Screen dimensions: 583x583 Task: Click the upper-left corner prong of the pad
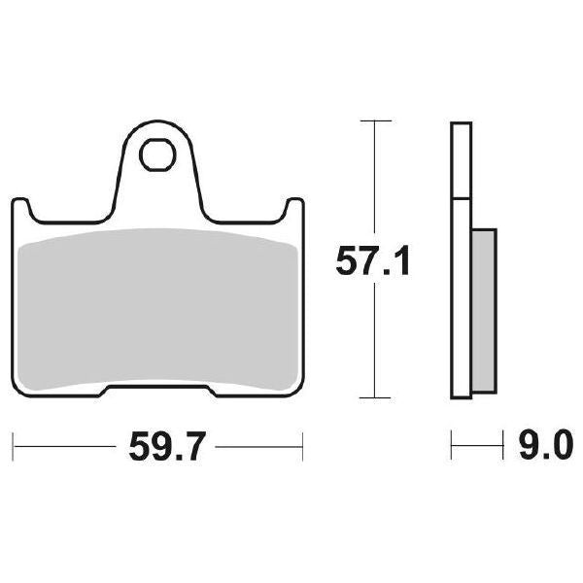point(20,206)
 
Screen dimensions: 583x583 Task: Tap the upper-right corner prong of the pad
point(295,206)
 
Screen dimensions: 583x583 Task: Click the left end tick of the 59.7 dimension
point(16,448)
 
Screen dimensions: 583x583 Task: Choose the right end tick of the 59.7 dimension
point(302,448)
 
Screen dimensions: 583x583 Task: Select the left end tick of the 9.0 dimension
point(452,448)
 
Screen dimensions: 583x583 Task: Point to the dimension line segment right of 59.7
point(257,448)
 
